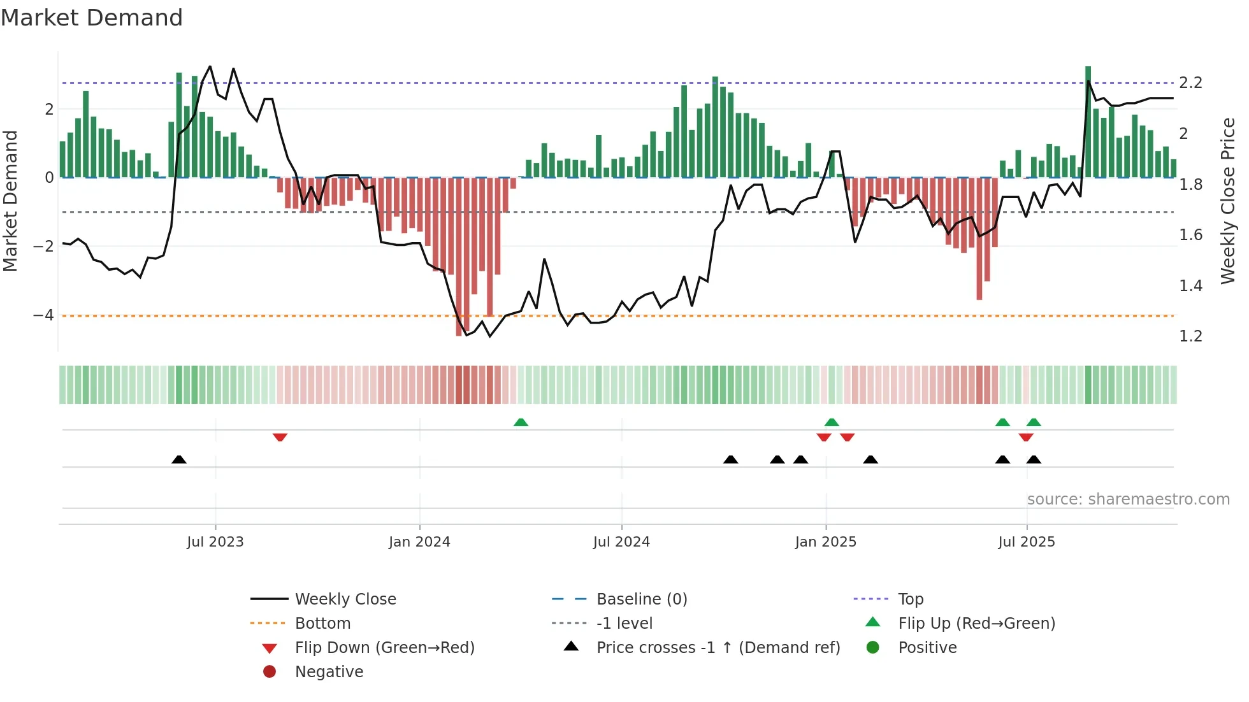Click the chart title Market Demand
[x=92, y=18]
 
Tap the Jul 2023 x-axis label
[x=215, y=541]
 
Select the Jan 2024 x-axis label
[x=419, y=541]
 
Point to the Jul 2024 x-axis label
[x=621, y=541]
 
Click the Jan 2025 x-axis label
[x=825, y=541]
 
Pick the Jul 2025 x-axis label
[x=1026, y=541]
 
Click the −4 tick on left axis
[x=43, y=315]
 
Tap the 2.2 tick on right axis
[x=1190, y=83]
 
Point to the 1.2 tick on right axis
[x=1190, y=336]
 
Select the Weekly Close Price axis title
[x=1227, y=200]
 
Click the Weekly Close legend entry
[x=345, y=599]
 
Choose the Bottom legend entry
[x=322, y=623]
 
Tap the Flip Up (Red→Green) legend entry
[x=976, y=623]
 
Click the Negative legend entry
[x=329, y=671]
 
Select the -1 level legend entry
[x=624, y=623]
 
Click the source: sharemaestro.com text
[x=1128, y=499]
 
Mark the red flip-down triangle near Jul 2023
[x=280, y=437]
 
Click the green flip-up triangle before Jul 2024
[x=521, y=422]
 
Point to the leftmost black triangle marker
[x=179, y=459]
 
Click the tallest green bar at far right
[x=1088, y=121]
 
